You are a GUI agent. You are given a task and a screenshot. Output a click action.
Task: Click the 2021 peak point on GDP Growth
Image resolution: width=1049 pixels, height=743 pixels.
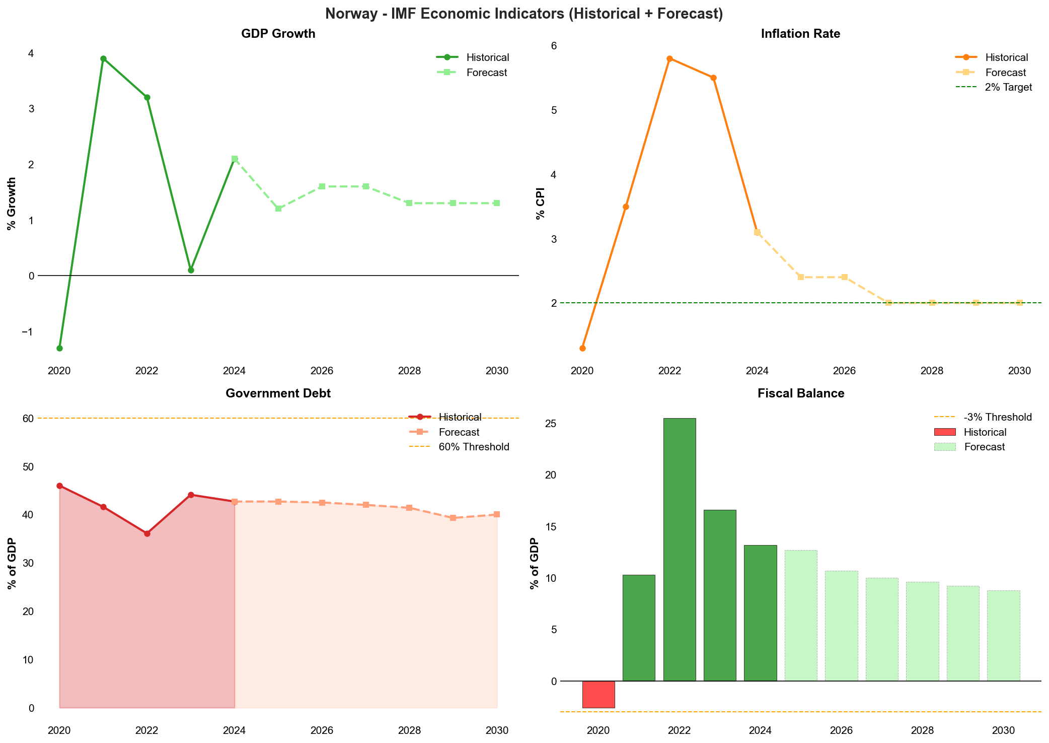point(103,58)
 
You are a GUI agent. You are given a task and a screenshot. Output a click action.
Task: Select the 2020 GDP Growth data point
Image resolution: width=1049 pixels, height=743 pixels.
point(59,348)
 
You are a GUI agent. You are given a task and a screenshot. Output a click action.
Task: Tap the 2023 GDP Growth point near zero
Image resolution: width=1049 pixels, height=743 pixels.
point(191,270)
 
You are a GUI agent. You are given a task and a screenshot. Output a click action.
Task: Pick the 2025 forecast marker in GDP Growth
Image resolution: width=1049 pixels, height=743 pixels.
point(278,209)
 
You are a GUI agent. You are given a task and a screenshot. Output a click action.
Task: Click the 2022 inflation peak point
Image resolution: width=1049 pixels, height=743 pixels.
point(669,58)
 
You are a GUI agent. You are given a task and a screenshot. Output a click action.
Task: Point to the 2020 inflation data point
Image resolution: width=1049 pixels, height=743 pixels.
point(582,348)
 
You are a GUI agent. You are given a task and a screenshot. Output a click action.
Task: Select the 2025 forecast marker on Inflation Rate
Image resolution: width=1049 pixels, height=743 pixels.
point(801,277)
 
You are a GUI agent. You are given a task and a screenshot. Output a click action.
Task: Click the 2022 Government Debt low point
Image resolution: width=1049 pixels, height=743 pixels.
point(147,533)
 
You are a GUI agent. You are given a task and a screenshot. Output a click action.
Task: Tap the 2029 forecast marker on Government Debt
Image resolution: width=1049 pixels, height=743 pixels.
point(453,518)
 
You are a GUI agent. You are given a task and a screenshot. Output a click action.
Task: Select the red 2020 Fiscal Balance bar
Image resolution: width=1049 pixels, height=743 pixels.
point(598,694)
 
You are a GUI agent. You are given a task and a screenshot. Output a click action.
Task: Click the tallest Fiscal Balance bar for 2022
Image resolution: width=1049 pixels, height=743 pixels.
point(680,549)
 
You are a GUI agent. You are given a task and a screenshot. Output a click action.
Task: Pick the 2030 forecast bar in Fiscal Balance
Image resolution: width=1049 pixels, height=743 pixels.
point(1003,636)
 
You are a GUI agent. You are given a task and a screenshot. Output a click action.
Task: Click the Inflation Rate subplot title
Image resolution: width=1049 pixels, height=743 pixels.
point(800,34)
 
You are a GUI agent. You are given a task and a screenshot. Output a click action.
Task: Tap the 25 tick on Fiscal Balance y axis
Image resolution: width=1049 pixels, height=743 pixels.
point(550,424)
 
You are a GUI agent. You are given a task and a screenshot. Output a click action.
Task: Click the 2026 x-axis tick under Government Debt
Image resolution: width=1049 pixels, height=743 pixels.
point(322,730)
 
